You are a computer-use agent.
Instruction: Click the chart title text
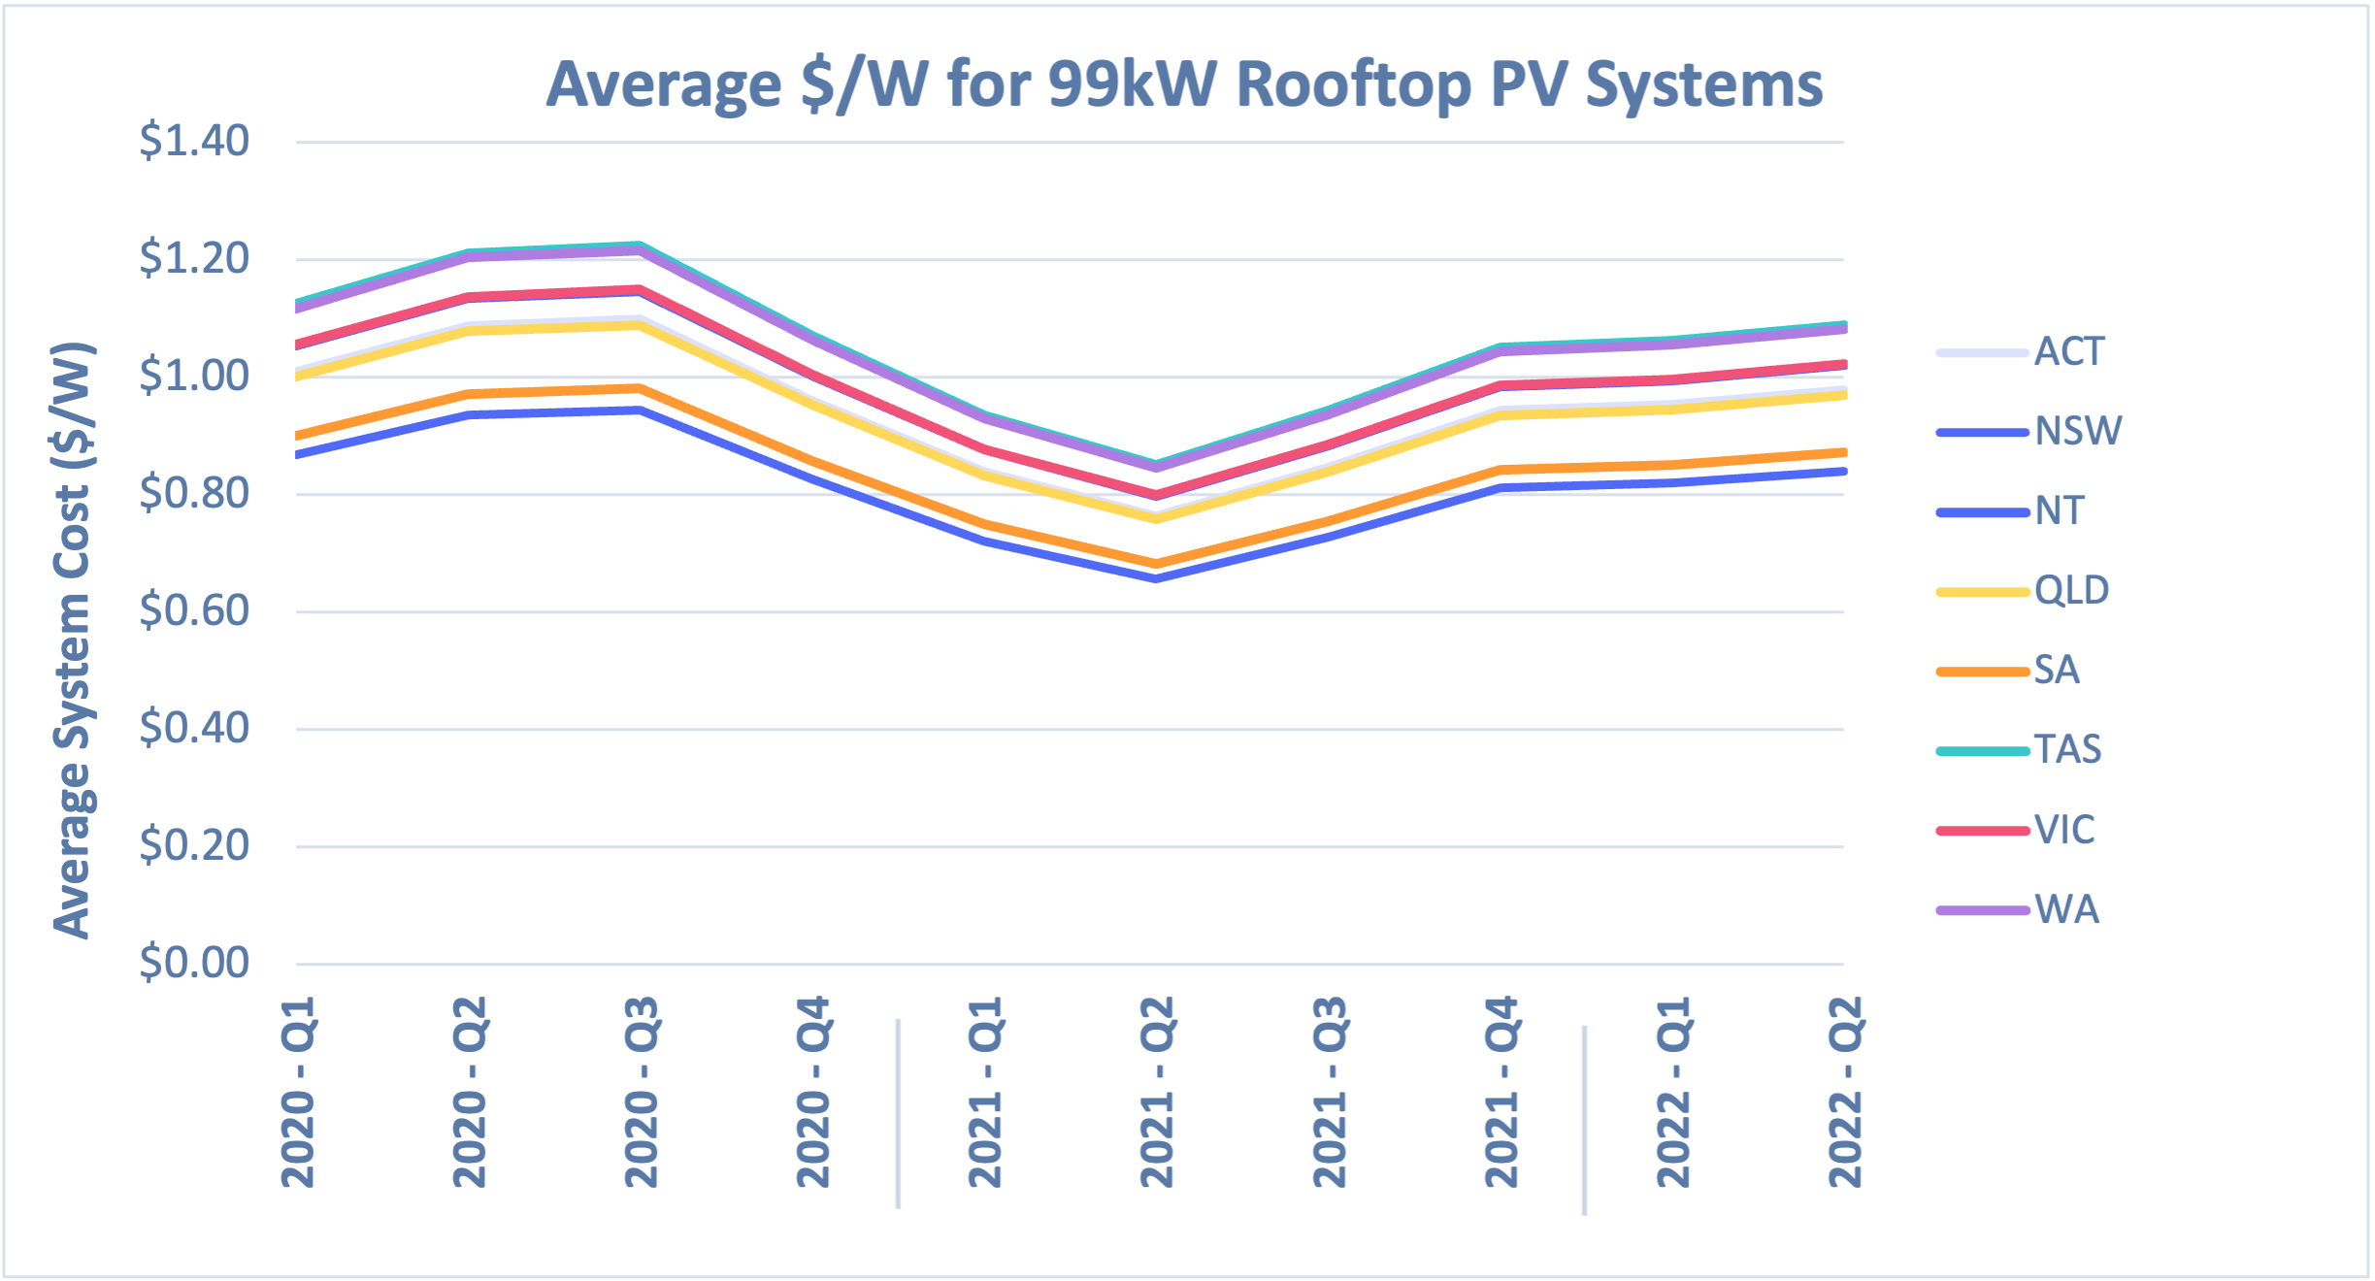(x=1184, y=85)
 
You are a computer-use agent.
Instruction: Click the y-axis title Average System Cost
(x=73, y=640)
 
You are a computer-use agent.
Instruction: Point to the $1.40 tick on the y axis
(x=194, y=142)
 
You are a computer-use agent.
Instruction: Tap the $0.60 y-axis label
(x=194, y=611)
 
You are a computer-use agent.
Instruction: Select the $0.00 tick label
(x=194, y=964)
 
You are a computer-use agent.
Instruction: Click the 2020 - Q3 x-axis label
(x=642, y=1092)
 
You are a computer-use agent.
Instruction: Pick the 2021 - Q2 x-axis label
(x=1157, y=1092)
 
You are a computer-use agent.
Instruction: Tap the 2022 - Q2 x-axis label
(x=1845, y=1092)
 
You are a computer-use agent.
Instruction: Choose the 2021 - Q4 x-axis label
(x=1501, y=1092)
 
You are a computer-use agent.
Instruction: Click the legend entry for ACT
(x=2067, y=351)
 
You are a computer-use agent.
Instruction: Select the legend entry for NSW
(x=2077, y=431)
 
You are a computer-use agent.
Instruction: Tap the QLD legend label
(x=2071, y=590)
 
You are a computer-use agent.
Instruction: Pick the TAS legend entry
(x=2067, y=749)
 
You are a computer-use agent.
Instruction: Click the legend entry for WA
(x=2065, y=909)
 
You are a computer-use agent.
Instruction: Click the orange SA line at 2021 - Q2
(x=1156, y=563)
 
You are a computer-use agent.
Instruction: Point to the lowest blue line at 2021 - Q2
(x=1156, y=578)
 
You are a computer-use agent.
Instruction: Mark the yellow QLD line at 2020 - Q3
(x=640, y=325)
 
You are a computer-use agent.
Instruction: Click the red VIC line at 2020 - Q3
(x=640, y=289)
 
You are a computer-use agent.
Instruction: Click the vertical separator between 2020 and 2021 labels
(x=899, y=1113)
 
